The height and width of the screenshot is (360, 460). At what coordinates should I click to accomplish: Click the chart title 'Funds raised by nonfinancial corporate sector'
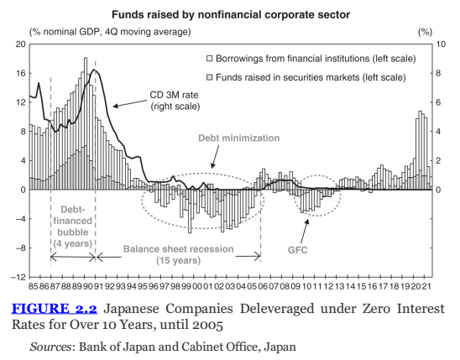click(231, 14)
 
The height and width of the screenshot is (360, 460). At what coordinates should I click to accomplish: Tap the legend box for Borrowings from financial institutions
click(210, 59)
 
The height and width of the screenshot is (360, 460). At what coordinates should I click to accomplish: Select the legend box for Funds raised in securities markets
click(210, 77)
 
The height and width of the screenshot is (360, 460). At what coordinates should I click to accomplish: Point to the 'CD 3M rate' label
click(174, 95)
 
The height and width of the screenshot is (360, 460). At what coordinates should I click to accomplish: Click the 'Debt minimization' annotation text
click(239, 138)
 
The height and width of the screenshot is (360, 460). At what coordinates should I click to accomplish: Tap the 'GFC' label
click(298, 250)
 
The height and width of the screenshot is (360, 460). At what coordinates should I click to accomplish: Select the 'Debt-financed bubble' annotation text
click(73, 221)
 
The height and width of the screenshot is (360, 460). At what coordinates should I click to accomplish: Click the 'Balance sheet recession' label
click(178, 249)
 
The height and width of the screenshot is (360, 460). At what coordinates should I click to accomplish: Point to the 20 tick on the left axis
click(21, 44)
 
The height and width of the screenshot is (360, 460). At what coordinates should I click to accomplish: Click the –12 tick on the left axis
click(19, 277)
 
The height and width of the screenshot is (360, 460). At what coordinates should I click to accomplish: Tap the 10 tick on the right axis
click(441, 44)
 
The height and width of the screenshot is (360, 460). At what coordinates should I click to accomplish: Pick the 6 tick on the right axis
click(438, 102)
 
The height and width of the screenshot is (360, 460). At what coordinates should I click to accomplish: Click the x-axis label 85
click(33, 286)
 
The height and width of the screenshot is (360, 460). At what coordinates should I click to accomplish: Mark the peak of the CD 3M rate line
click(94, 70)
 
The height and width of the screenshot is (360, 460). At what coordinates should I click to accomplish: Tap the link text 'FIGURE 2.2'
click(55, 309)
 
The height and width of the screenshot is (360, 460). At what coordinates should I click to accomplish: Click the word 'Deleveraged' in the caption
click(277, 309)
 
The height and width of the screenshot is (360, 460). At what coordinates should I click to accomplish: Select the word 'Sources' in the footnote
click(50, 347)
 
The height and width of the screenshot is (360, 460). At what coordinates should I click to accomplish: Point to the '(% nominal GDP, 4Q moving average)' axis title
click(110, 32)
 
